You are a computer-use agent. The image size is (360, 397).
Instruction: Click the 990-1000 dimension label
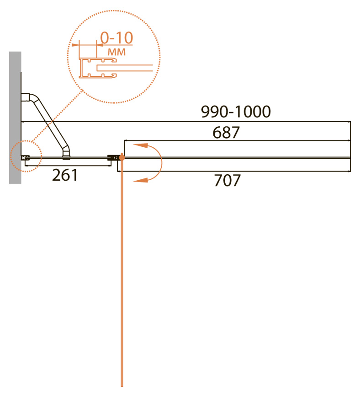(x=236, y=112)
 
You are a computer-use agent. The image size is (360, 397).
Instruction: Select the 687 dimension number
(x=226, y=132)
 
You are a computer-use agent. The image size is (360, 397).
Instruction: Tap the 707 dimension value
(x=227, y=180)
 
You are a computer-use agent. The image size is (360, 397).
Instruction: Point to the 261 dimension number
(x=65, y=175)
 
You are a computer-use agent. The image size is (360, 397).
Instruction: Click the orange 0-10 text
(x=116, y=38)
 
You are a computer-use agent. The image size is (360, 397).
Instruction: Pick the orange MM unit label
(x=116, y=52)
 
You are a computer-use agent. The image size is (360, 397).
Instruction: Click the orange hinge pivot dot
(x=122, y=158)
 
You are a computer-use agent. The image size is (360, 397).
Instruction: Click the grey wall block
(x=15, y=118)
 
